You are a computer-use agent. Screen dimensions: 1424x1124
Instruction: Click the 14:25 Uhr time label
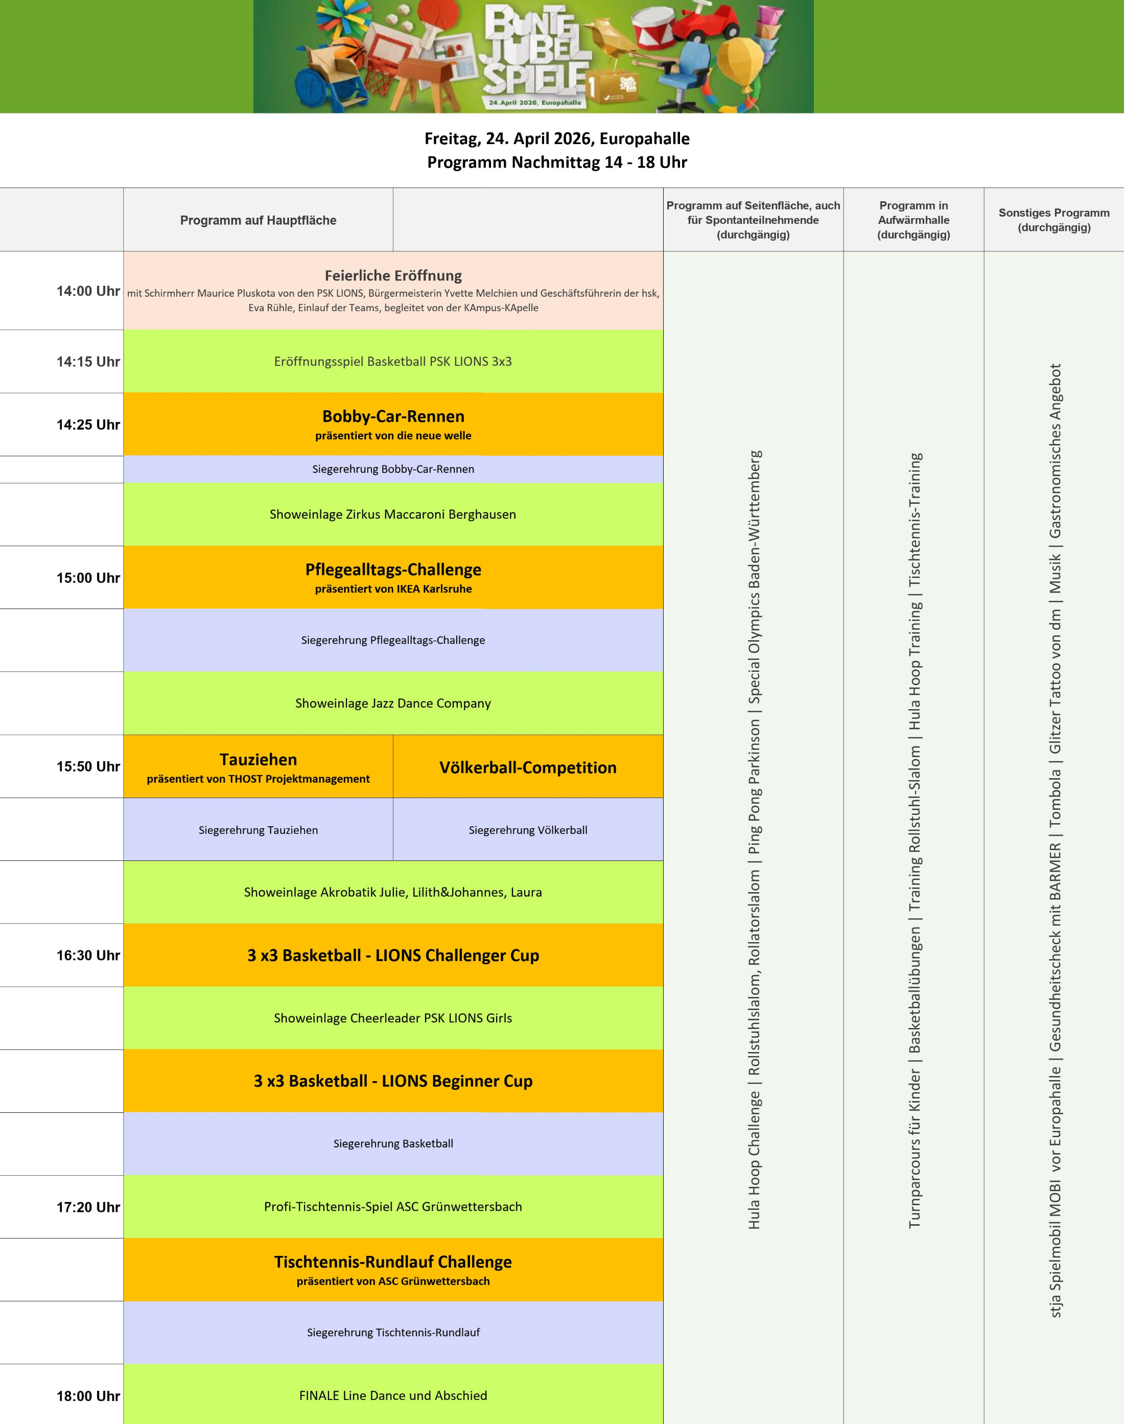(88, 425)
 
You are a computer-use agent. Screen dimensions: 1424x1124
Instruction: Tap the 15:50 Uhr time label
(88, 766)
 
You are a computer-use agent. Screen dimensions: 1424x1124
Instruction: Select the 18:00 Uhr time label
(88, 1396)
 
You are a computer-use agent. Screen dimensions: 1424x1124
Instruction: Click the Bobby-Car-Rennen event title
(393, 416)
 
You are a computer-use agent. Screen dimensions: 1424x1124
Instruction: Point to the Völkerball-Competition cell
(528, 767)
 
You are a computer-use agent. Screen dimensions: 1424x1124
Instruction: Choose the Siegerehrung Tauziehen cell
(258, 830)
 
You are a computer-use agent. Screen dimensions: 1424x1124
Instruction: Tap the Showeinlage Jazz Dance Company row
(393, 703)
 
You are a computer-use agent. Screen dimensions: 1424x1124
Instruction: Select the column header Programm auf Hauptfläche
(258, 220)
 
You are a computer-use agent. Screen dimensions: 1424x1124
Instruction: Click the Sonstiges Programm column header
(1053, 220)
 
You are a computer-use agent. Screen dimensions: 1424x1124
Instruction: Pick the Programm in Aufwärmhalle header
(914, 220)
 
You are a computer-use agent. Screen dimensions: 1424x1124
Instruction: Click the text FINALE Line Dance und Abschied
(393, 1396)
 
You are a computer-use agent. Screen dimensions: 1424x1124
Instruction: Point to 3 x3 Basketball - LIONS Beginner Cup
(393, 1081)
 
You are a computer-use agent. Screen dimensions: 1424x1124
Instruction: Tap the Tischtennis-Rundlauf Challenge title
(393, 1262)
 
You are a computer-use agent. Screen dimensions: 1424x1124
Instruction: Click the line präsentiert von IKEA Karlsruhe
(393, 589)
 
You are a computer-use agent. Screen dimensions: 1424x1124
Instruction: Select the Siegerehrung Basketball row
(393, 1143)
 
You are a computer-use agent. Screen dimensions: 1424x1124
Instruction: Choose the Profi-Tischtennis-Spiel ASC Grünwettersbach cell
(393, 1206)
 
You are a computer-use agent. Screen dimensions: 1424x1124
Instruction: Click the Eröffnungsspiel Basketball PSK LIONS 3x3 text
(393, 361)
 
